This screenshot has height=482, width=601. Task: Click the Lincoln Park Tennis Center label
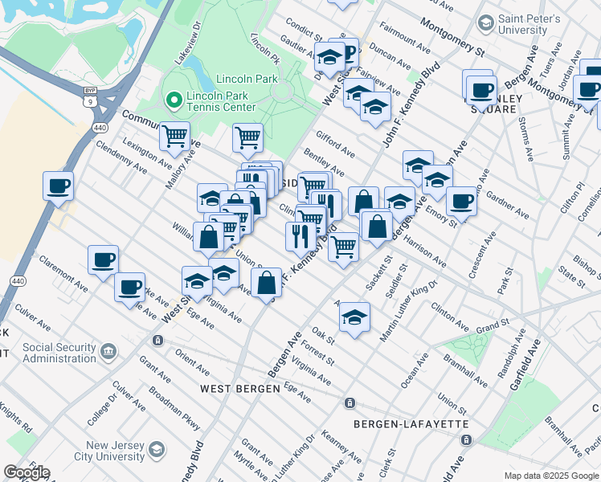(x=221, y=100)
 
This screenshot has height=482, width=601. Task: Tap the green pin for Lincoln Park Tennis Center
(x=173, y=100)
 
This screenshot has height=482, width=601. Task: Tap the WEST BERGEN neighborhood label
(x=240, y=389)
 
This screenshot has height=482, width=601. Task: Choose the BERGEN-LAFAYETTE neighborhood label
(x=399, y=423)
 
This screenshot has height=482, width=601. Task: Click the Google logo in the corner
(x=27, y=472)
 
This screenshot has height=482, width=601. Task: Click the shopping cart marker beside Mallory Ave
(x=174, y=136)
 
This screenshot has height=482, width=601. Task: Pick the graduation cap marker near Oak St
(x=354, y=316)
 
